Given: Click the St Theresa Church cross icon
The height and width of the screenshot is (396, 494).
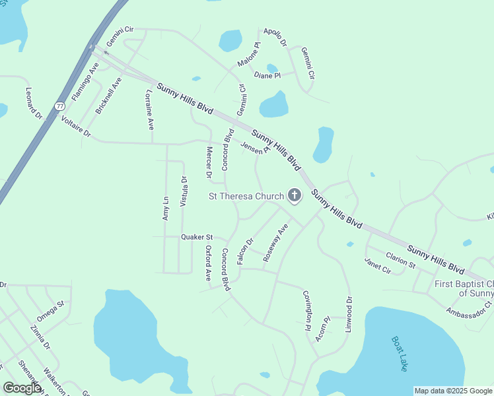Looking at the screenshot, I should coord(295,196).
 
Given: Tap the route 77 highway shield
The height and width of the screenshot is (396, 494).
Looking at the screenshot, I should coord(60,106).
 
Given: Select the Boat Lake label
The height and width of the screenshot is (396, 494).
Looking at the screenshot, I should coord(400,354).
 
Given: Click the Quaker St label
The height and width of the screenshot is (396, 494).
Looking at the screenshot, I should coord(197,236).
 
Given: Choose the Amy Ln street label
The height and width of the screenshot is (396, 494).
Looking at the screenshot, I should coord(166,209).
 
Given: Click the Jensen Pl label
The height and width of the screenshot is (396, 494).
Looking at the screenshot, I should coord(256,148).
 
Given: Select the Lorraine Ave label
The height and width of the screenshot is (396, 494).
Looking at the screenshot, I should coord(149,109).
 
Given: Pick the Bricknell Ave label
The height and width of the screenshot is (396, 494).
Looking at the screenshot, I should coord(109,96).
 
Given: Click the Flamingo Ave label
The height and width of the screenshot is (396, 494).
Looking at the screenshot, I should coord(85,81).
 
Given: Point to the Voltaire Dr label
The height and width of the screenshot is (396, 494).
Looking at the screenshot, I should coord(75,125).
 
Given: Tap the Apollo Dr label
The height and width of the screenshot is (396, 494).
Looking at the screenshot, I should coord(275,37).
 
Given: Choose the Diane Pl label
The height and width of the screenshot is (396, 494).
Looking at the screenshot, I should coord(267,75).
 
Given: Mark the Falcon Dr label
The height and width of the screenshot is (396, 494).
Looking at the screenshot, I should coord(245,251).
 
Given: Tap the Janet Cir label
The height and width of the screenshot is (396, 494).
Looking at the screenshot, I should coord(378,265).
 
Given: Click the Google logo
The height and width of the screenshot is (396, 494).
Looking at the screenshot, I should coord(22,388).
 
